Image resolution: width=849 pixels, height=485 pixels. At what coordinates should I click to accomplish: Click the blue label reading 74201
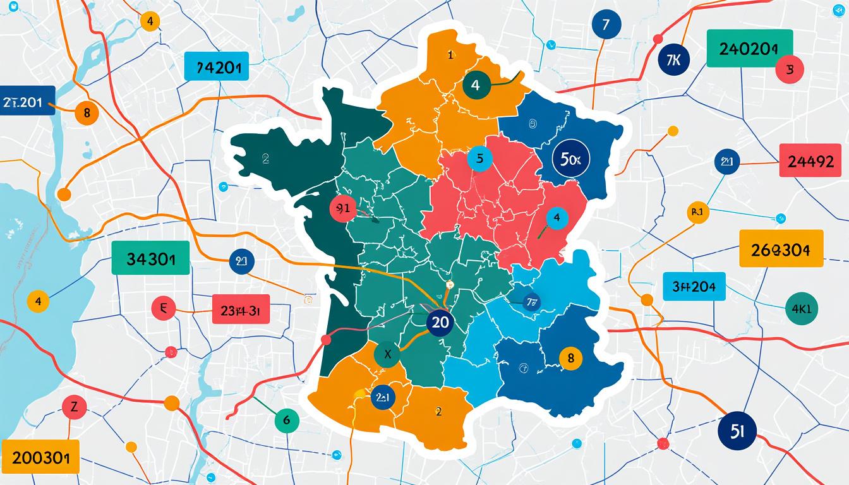(216, 67)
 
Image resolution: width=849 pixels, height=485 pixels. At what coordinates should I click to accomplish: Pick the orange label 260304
(781, 248)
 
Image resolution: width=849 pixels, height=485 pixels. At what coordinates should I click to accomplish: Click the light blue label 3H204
(694, 287)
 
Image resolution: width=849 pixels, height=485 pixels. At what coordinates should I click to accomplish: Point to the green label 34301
(150, 258)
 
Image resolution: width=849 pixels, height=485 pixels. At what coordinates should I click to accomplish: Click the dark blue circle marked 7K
(673, 60)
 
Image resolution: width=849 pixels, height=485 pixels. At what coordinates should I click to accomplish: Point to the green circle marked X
(388, 355)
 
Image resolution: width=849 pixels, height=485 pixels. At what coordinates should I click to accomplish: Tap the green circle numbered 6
(287, 419)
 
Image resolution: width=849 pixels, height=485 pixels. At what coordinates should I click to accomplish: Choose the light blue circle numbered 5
(479, 159)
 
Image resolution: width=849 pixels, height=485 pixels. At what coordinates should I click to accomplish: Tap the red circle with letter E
(164, 308)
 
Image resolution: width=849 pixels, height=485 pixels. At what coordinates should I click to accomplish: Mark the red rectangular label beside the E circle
(241, 309)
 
